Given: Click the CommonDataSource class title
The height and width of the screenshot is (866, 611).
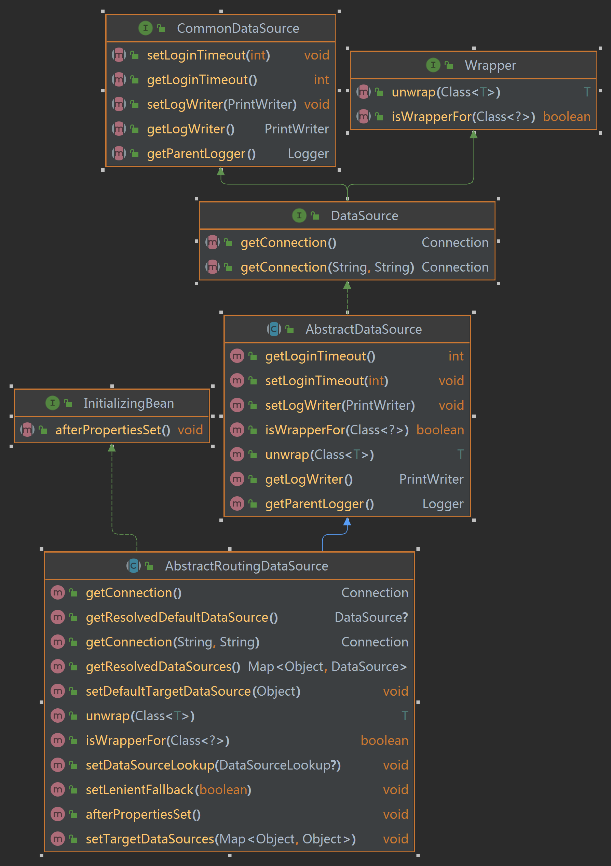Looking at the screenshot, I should [x=238, y=28].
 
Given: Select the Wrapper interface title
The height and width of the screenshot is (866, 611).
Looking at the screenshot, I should [x=490, y=65].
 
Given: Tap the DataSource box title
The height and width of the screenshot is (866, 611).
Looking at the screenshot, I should [x=364, y=216].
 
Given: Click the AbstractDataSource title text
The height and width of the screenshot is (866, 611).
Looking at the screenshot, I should [x=363, y=329].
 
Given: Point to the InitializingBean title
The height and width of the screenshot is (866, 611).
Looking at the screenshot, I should [x=128, y=403].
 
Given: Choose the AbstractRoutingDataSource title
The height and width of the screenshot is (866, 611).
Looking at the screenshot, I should [x=246, y=566].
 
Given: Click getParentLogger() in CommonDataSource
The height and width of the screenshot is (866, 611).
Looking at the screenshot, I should [x=201, y=154].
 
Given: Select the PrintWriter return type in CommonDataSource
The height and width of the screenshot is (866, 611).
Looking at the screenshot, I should [x=296, y=129].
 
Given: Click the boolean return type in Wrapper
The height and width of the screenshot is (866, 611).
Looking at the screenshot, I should [x=566, y=117].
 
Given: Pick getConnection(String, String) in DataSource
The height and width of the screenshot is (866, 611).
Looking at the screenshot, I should [x=327, y=267].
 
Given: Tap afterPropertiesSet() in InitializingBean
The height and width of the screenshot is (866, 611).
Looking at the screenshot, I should [x=113, y=430].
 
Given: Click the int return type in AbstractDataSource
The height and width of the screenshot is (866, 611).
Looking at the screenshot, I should [x=456, y=356].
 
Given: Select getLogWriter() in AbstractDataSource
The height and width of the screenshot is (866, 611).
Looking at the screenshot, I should [x=309, y=479].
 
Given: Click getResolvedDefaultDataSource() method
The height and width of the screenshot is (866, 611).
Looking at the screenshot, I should [x=182, y=617].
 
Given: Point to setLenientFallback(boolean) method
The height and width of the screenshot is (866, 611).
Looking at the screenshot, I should [x=168, y=789].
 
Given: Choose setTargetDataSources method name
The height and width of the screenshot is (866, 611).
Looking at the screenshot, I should [x=150, y=839].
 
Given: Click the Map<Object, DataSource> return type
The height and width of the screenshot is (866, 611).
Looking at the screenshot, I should [x=327, y=667].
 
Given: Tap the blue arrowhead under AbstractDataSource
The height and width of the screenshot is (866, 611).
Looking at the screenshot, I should [x=347, y=522].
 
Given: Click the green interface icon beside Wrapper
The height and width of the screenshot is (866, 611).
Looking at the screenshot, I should [x=433, y=65].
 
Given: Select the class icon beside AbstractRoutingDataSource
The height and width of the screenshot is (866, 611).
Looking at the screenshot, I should [x=133, y=566].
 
